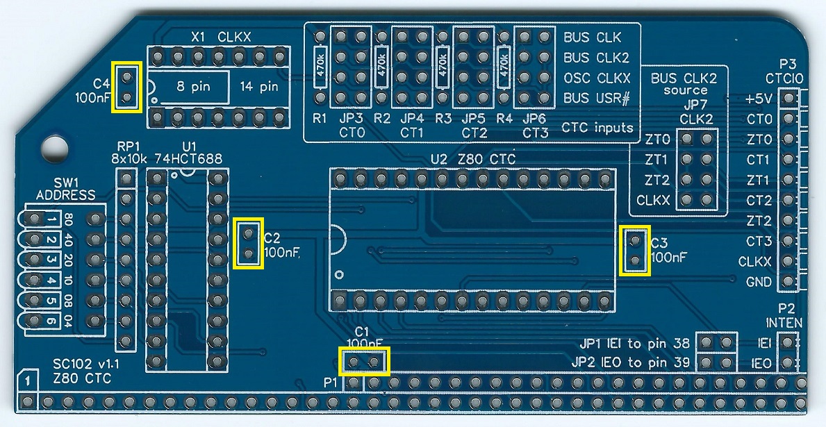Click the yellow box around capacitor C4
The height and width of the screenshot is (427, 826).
pyautogui.click(x=127, y=87)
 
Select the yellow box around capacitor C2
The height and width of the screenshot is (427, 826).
pyautogui.click(x=249, y=242)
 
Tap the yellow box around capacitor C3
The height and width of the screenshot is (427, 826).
pyautogui.click(x=635, y=251)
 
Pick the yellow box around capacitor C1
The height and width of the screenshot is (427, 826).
pyautogui.click(x=365, y=362)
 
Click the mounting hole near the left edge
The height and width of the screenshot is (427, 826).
pyautogui.click(x=53, y=146)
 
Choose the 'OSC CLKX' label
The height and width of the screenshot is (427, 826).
pyautogui.click(x=597, y=78)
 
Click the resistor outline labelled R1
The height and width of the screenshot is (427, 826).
pyautogui.click(x=320, y=67)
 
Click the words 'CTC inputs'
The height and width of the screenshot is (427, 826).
pyautogui.click(x=597, y=128)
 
